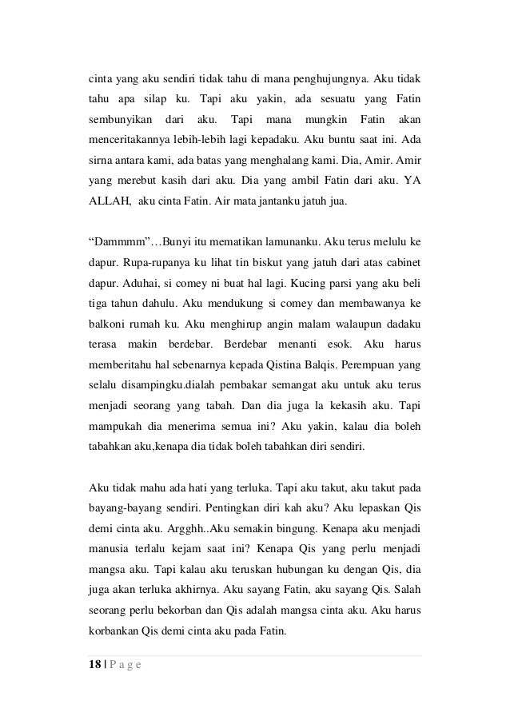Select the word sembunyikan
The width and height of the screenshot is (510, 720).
point(120,119)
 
